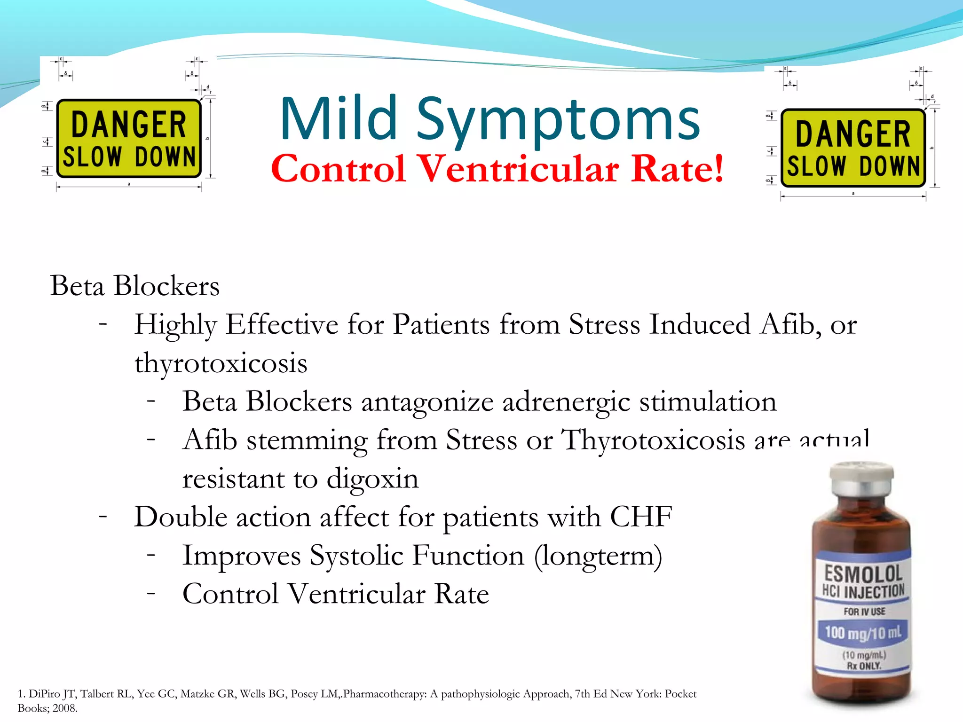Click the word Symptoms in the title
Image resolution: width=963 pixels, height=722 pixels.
coord(559,121)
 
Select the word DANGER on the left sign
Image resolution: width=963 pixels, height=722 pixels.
coord(128,124)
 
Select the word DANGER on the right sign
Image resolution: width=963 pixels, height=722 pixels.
coord(853,133)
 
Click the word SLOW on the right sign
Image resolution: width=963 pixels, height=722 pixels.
coord(816,166)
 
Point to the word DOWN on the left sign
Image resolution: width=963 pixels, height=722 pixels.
coord(165,157)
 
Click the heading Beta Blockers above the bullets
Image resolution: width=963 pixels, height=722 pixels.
coord(135,285)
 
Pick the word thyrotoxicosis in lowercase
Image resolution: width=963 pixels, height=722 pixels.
coord(221,363)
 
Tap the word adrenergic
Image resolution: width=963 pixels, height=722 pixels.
coord(566,402)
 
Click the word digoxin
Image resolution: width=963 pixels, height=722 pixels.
coord(372,479)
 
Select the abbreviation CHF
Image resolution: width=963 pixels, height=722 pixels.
coord(641,517)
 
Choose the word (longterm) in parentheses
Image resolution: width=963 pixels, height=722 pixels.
coord(598,556)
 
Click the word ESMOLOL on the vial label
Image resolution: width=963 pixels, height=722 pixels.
coord(863,573)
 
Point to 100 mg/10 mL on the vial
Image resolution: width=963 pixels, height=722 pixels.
coord(863,633)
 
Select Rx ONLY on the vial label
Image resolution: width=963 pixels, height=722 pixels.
coord(864,666)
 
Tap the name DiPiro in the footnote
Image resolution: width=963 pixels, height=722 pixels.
coord(45,694)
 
